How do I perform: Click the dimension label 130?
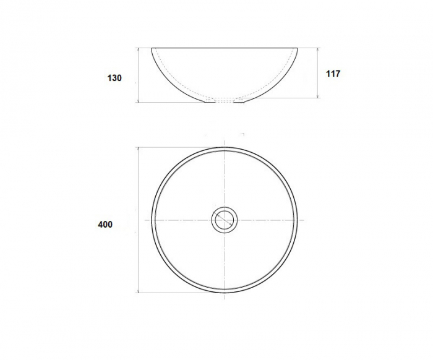(114, 78)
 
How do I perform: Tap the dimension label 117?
(333, 74)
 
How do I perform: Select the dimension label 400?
(105, 225)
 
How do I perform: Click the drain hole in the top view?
(224, 220)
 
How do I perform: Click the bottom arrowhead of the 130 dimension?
(138, 100)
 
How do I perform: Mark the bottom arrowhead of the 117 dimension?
(318, 95)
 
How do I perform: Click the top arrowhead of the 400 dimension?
(138, 150)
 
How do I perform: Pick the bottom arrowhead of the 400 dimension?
(138, 291)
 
